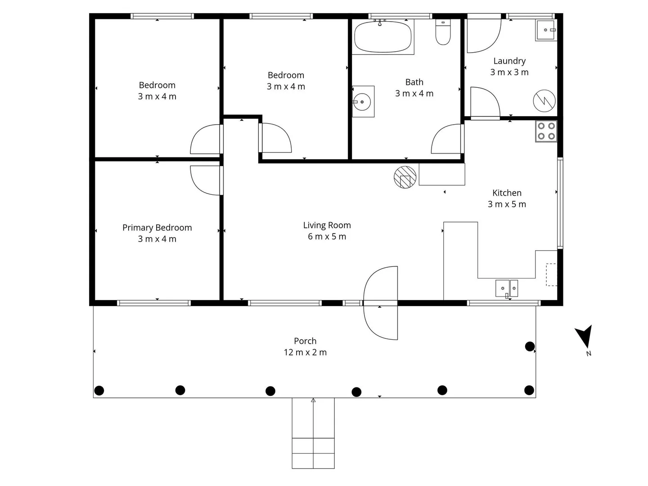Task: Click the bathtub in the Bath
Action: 382,37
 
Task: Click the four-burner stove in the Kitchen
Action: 546,131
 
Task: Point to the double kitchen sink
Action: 507,288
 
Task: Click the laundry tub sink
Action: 546,30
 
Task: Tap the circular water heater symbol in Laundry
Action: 544,101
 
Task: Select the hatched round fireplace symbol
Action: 405,177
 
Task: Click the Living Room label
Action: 327,225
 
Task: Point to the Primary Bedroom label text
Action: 157,228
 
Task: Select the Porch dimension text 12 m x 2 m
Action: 305,352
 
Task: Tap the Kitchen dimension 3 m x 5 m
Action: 507,204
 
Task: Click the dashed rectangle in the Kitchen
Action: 551,274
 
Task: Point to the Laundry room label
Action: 509,61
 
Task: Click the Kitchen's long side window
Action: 560,202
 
